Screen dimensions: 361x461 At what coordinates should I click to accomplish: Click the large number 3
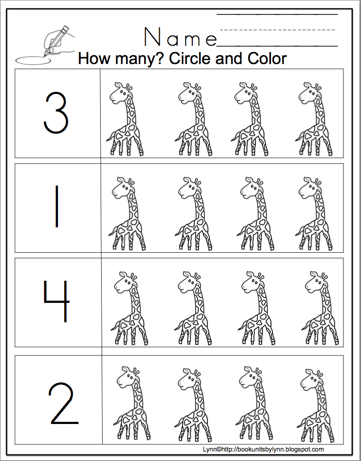point(56,113)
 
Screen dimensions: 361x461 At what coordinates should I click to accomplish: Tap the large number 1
point(57,206)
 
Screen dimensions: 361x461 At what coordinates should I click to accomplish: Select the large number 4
point(57,301)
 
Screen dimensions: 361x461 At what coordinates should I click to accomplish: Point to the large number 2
point(64,403)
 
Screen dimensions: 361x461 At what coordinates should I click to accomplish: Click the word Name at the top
point(180,37)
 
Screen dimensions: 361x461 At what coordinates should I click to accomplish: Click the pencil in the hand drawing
point(57,41)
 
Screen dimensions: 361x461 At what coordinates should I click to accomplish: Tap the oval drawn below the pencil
point(33,60)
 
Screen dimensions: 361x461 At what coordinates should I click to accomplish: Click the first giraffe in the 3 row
point(125,119)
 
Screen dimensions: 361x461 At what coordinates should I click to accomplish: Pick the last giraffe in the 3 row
point(314,119)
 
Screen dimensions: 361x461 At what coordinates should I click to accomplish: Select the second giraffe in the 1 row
point(193,214)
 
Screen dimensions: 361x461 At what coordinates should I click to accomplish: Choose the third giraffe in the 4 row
point(257,308)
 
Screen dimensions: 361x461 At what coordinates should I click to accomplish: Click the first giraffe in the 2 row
point(132,403)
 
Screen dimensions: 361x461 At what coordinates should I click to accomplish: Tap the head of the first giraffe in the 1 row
point(121,189)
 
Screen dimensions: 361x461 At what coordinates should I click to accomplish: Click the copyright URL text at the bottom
point(263,449)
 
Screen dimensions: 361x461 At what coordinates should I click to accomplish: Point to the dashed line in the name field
point(277,30)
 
